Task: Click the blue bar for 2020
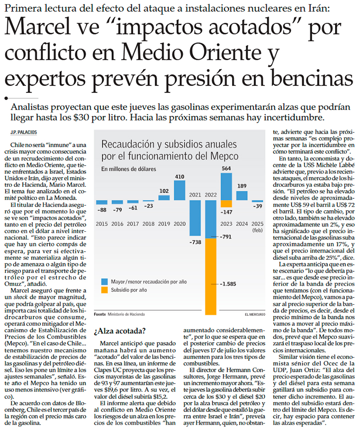(179, 191)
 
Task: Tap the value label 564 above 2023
(226, 168)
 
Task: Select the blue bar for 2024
(242, 196)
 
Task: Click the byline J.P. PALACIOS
(23, 132)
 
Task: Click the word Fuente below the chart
(100, 315)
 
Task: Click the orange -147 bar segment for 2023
(226, 204)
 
